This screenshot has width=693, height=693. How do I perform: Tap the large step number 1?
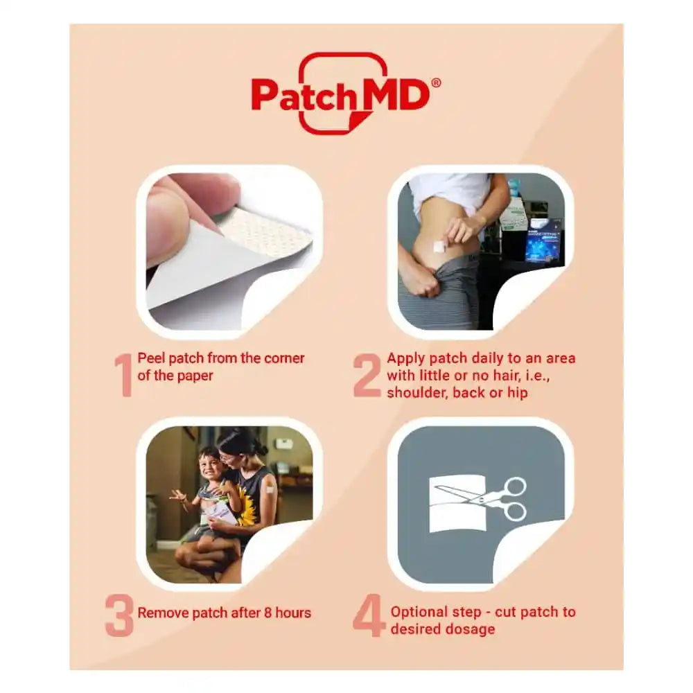click(x=123, y=376)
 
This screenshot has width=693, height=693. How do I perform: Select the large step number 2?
click(x=367, y=376)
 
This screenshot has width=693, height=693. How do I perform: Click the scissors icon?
click(x=493, y=499)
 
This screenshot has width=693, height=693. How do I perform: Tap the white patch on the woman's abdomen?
click(x=439, y=245)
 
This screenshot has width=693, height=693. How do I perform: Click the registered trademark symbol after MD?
click(x=435, y=82)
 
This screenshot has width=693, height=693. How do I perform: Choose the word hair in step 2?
click(x=495, y=376)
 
